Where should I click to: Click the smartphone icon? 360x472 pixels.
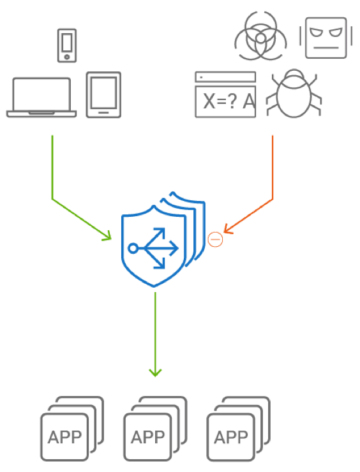(x=67, y=45)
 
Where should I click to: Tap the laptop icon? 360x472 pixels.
(x=41, y=97)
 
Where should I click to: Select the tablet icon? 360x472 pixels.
(x=103, y=94)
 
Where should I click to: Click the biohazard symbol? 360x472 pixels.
(x=261, y=36)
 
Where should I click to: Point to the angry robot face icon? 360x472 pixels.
(x=326, y=38)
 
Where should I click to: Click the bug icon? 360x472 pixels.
(x=294, y=93)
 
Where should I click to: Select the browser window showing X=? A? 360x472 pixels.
(x=226, y=94)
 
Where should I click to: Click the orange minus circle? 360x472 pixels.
(x=215, y=240)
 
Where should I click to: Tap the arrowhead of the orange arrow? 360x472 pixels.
(x=227, y=231)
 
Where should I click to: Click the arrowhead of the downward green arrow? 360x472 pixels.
(x=156, y=373)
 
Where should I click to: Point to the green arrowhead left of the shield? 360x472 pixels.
(x=109, y=237)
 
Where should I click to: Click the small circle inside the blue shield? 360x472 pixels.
(x=133, y=248)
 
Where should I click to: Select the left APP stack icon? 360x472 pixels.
(x=72, y=429)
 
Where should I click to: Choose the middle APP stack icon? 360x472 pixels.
(x=156, y=429)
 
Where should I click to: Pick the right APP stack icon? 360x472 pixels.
(x=239, y=429)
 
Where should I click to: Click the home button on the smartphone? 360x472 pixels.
(x=67, y=57)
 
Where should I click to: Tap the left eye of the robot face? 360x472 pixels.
(x=316, y=32)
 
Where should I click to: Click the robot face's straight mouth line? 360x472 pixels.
(x=326, y=48)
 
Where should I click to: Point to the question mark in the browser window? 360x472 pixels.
(x=232, y=101)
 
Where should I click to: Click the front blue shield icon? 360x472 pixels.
(x=154, y=246)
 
